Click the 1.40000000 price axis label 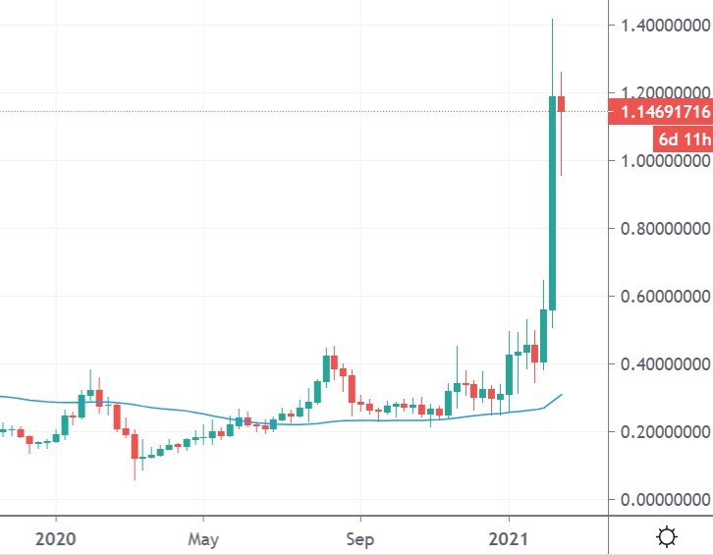point(660,25)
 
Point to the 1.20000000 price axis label point(660,92)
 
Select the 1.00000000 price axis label point(660,161)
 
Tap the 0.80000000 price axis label point(660,229)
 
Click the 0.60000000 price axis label point(660,297)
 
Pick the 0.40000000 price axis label point(660,364)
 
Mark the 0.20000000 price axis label point(660,432)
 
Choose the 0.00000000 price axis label point(660,500)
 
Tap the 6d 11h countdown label point(678,138)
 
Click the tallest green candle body point(553,201)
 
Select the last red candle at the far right point(562,103)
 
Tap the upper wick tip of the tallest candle point(553,19)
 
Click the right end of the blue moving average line point(562,394)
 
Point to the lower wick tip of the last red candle point(562,175)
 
